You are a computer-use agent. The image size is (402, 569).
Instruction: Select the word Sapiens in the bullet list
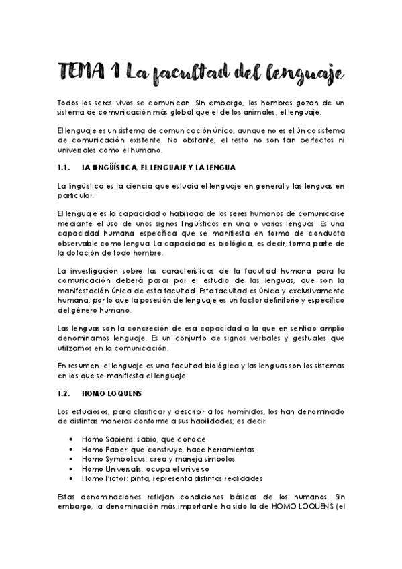point(115,439)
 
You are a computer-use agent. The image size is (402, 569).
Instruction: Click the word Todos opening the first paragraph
point(68,103)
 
